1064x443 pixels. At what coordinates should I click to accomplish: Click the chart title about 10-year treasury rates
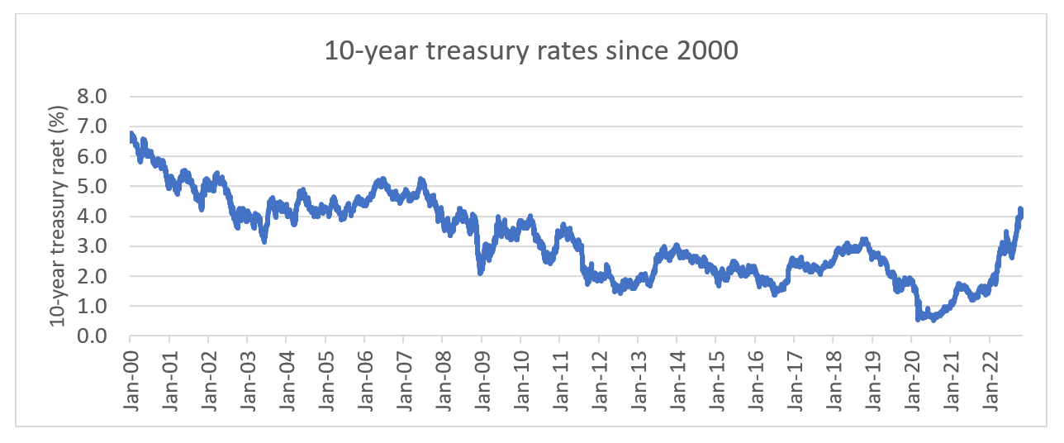(531, 52)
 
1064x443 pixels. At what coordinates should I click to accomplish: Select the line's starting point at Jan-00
(131, 136)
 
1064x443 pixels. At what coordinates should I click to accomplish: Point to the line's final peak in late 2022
(1020, 209)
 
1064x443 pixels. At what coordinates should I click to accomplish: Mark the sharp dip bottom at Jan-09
(480, 272)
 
